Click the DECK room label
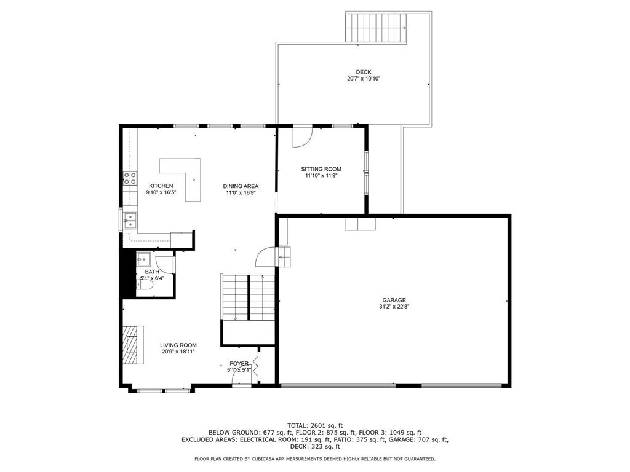363,73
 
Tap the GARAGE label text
394,300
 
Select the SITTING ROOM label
321,169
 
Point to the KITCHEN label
161,186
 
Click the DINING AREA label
241,186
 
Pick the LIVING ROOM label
178,345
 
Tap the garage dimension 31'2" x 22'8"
394,307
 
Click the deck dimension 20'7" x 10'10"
364,79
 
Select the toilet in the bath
145,285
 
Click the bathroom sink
143,260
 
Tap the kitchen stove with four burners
130,178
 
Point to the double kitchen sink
130,221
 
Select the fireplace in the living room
133,345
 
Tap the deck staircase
376,28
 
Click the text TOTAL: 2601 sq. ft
315,425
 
